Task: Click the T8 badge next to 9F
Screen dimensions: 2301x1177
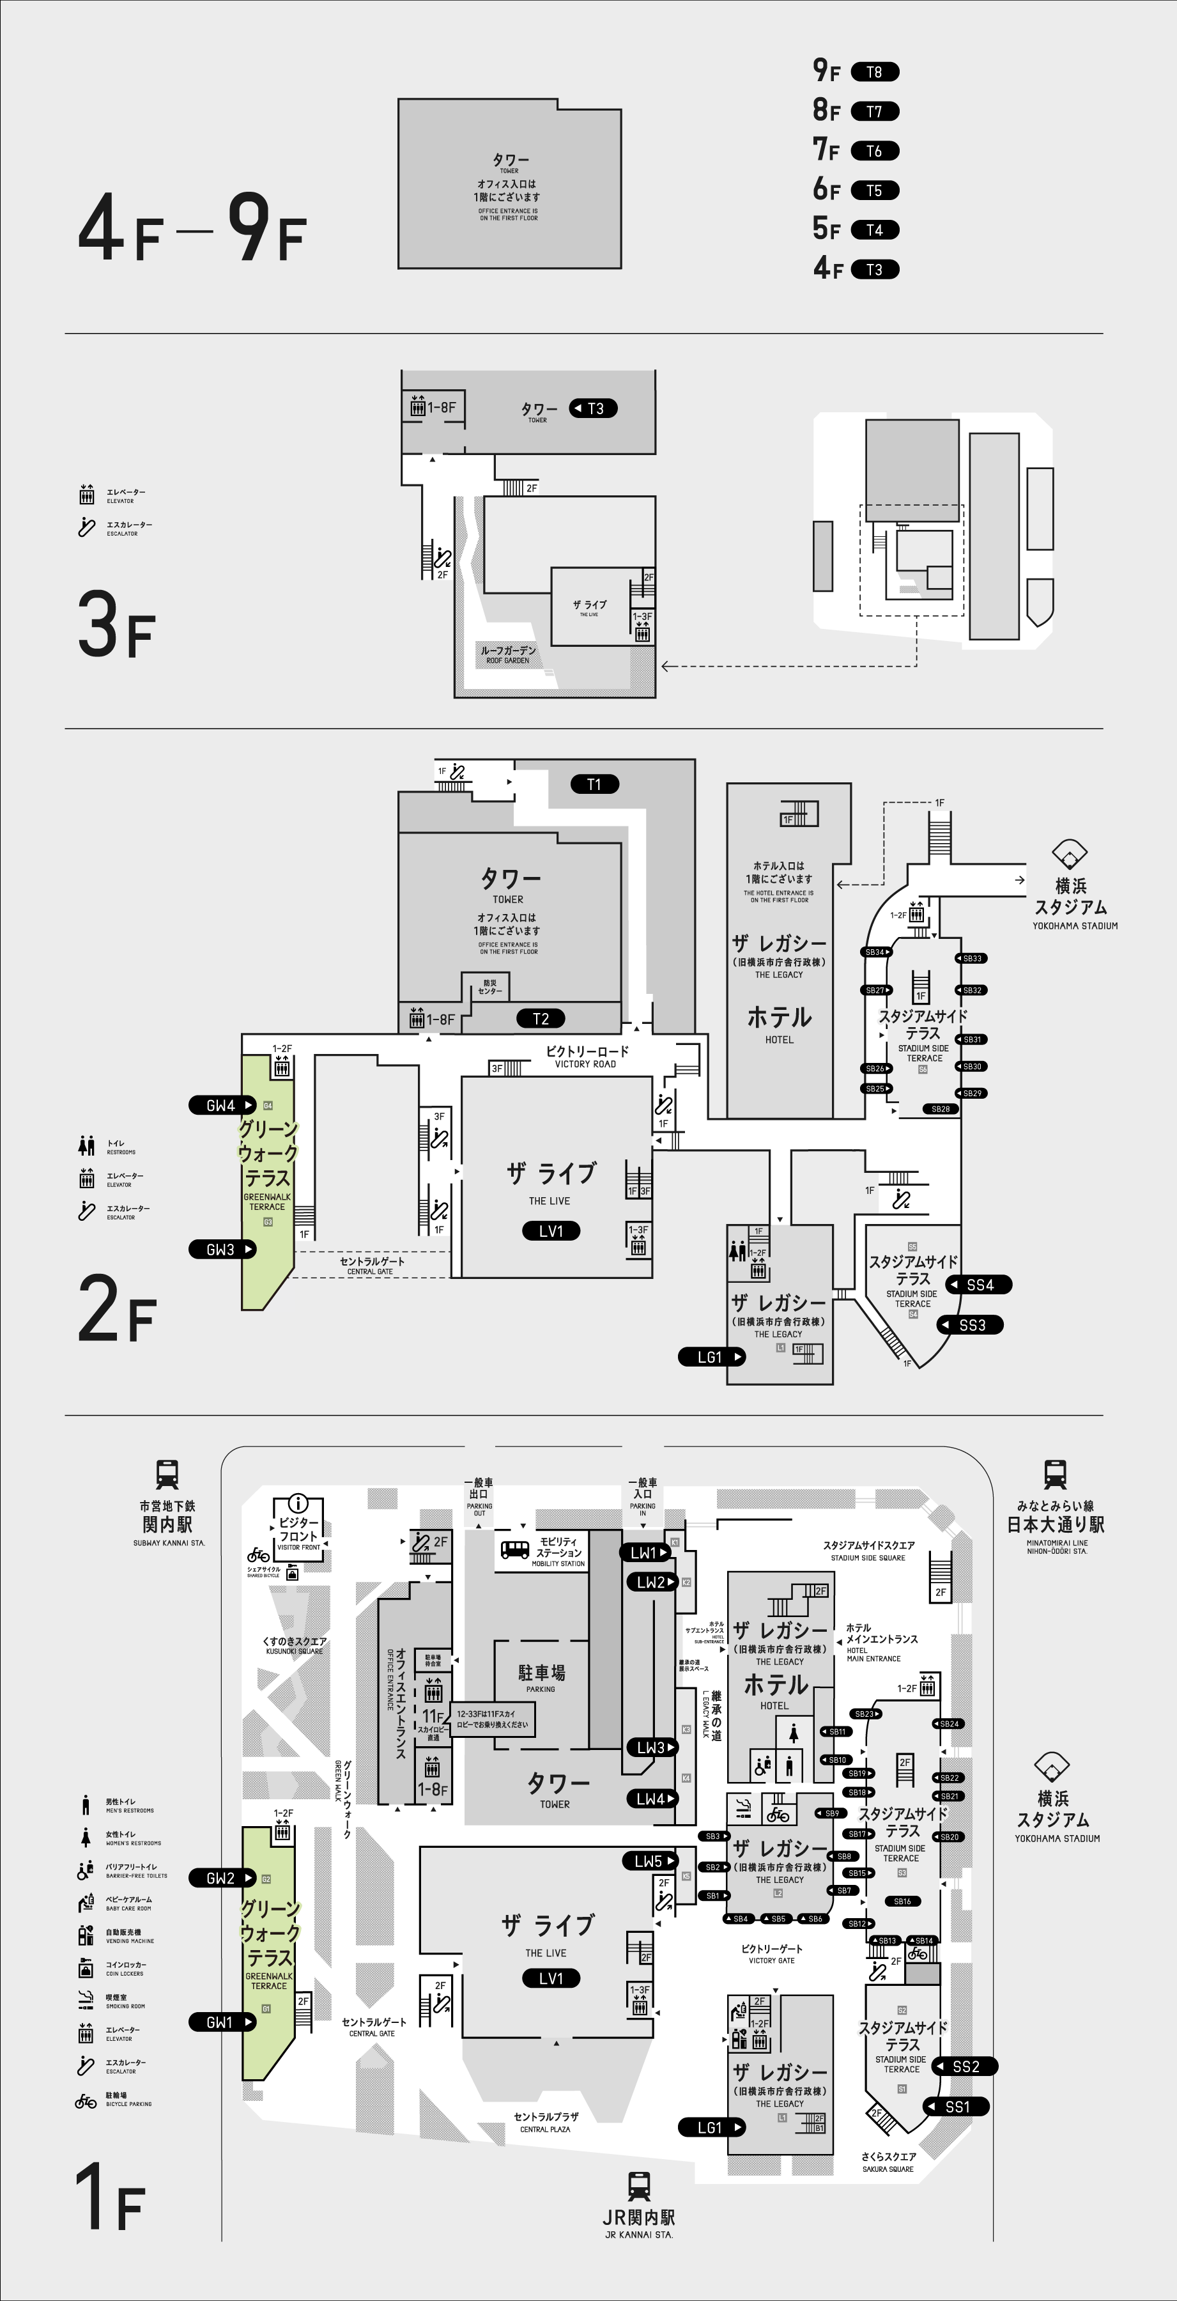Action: point(874,72)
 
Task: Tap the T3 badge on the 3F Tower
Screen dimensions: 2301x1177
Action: point(594,408)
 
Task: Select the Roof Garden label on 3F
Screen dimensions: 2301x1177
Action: point(508,654)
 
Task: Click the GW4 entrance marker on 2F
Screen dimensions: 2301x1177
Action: point(222,1105)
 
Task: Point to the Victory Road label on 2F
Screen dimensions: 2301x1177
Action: point(587,1056)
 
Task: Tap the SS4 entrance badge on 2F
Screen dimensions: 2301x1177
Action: point(979,1285)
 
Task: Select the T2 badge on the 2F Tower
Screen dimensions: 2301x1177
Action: point(541,1018)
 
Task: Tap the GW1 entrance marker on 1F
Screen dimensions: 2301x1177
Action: point(222,2022)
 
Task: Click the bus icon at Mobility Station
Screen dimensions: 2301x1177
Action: point(514,1550)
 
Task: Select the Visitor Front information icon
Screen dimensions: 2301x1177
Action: point(298,1503)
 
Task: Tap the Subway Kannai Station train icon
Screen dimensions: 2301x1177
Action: point(167,1474)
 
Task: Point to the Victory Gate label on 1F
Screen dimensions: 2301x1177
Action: point(772,1953)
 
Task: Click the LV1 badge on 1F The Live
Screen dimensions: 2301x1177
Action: point(551,1978)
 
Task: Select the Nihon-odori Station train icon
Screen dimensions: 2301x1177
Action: point(1055,1474)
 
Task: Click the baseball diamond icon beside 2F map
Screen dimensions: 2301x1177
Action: point(1070,854)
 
